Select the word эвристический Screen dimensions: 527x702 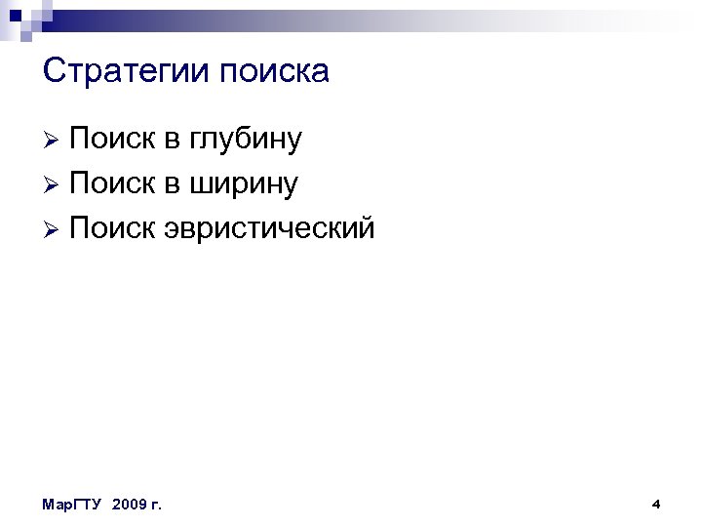(269, 228)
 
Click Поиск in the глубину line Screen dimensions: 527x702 (112, 140)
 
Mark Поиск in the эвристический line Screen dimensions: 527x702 (112, 228)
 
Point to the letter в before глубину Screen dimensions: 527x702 (172, 141)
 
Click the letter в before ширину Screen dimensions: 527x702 (172, 184)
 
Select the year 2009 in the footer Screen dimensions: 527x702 (130, 505)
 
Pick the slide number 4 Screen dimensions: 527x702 (656, 505)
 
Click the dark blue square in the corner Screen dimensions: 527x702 (15, 15)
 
